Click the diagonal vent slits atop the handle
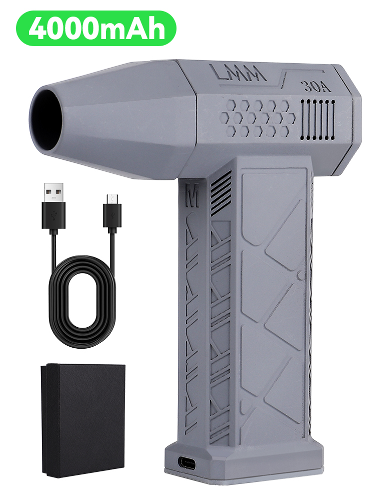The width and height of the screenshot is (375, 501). pos(221,187)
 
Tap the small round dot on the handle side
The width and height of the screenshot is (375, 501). pos(299,275)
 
